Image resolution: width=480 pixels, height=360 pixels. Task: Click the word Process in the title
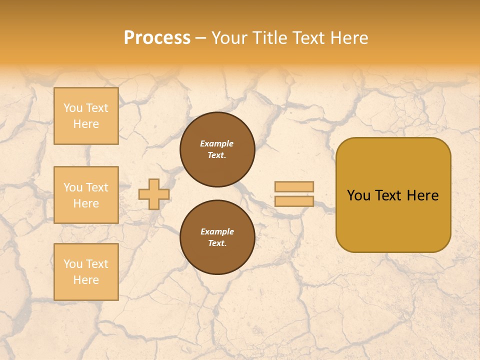[x=157, y=38]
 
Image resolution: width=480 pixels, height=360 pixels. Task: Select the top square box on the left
[x=86, y=116]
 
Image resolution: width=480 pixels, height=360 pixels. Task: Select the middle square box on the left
[x=86, y=195]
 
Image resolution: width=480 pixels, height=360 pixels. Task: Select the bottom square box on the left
[x=86, y=271]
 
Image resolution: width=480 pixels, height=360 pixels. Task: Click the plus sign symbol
[x=153, y=194]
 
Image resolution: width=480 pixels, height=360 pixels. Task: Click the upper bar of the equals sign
[x=294, y=187]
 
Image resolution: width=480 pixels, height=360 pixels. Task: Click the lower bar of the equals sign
[x=294, y=201]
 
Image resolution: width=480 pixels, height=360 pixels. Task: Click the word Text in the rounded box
[x=388, y=195]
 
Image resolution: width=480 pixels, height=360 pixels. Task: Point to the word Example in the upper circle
[x=217, y=143]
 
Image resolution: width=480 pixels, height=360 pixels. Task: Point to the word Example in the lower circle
[x=217, y=231]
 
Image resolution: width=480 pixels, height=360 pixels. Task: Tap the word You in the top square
[x=73, y=108]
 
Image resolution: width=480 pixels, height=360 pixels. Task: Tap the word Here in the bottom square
[x=86, y=280]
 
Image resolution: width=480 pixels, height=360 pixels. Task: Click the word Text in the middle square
[x=97, y=187]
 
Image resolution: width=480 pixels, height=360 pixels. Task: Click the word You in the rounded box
[x=358, y=195]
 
